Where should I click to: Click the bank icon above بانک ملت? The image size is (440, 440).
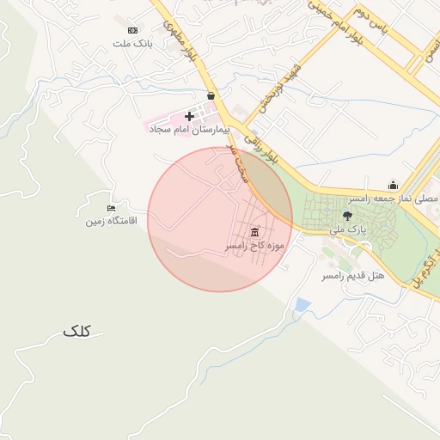pyautogui.click(x=132, y=30)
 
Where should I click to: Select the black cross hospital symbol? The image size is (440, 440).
pyautogui.click(x=189, y=115)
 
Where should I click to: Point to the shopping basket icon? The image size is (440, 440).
pyautogui.click(x=211, y=96)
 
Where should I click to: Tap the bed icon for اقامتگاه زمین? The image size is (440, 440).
pyautogui.click(x=111, y=208)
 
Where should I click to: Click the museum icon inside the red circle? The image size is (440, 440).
pyautogui.click(x=254, y=233)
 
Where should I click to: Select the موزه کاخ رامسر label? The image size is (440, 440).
pyautogui.click(x=254, y=246)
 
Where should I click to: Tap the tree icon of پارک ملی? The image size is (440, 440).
pyautogui.click(x=347, y=217)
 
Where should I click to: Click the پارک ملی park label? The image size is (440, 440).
pyautogui.click(x=349, y=230)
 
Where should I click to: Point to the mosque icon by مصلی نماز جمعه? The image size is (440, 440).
pyautogui.click(x=393, y=185)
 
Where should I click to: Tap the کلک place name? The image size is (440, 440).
pyautogui.click(x=76, y=330)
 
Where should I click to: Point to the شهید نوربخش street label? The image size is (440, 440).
pyautogui.click(x=272, y=89)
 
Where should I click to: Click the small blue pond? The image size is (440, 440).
pyautogui.click(x=302, y=304)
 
